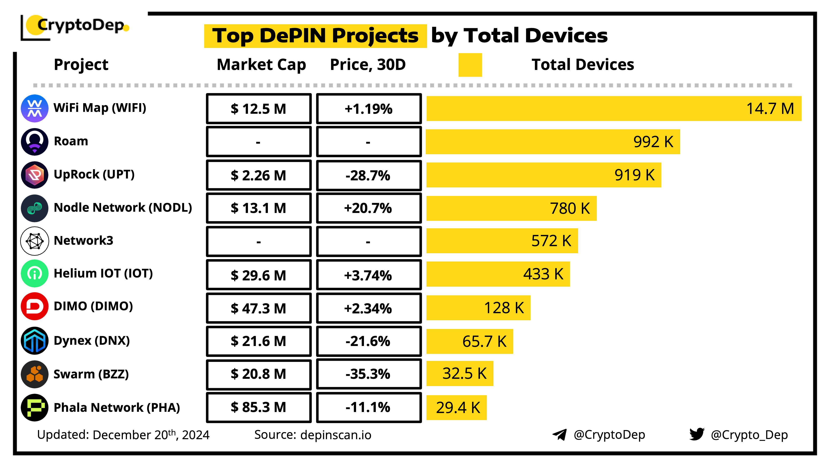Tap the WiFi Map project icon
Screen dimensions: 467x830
coord(34,108)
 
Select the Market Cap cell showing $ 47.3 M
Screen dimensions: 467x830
coord(258,308)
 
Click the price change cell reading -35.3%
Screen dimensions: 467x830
coord(369,374)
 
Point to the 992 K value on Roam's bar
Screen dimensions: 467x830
coord(653,142)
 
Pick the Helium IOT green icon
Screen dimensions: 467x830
coord(34,273)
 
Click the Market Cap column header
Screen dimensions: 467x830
coord(261,65)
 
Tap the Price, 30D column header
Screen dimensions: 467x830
coord(368,65)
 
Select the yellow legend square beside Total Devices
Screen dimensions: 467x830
coord(470,65)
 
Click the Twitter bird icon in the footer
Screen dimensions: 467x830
coord(697,434)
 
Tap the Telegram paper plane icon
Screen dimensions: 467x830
coord(559,434)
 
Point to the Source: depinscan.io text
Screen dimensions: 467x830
coord(312,435)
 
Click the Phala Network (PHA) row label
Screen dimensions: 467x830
coord(117,407)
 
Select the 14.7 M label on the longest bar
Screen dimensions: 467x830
coord(770,109)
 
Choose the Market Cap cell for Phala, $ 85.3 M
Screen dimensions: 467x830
coord(258,407)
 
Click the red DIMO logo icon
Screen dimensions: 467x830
coord(34,306)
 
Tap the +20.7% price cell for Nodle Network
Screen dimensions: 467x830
coord(369,208)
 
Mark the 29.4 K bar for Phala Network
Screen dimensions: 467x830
coord(456,408)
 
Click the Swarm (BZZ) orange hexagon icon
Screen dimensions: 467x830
coord(34,374)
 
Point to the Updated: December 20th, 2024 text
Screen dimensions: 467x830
coord(123,435)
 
